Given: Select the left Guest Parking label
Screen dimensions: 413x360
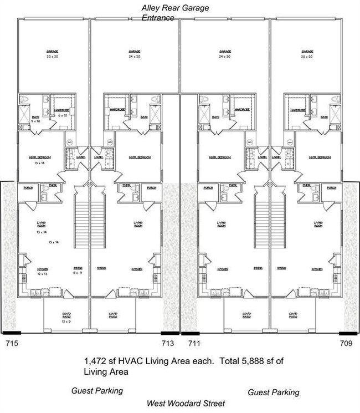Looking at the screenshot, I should click(97, 391).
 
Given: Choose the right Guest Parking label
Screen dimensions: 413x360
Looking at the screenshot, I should click(273, 392).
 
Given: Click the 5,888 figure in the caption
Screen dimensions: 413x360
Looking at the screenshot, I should click(240, 361).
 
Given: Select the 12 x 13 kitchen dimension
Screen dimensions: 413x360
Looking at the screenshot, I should click(42, 274).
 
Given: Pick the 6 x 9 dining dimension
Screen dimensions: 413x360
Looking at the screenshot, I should click(77, 273).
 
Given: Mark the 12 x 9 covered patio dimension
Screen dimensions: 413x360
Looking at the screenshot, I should click(66, 320).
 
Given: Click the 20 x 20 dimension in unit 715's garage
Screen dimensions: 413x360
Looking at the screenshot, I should click(53, 57).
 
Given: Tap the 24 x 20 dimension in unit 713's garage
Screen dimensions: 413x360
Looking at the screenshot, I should click(135, 57).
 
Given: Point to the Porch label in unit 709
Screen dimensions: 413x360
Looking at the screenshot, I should click(332, 188).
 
